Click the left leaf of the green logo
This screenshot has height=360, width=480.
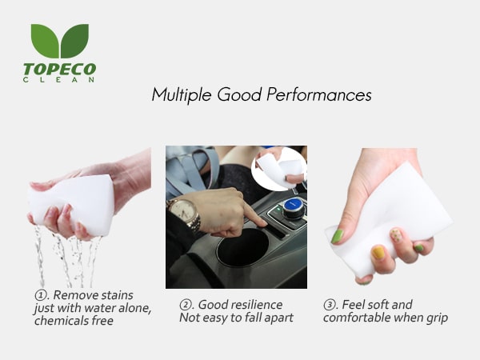tap(44, 39)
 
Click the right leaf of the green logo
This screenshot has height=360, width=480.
tap(75, 39)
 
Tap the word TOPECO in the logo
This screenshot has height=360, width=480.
tap(60, 69)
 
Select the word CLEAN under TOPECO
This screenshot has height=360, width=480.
tap(58, 80)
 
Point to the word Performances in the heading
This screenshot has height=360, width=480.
tap(318, 94)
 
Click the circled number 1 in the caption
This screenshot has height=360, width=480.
tap(41, 295)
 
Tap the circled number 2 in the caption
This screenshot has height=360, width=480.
tap(185, 305)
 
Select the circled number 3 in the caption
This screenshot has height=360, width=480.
tap(329, 305)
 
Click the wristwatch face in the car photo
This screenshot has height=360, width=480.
tap(182, 210)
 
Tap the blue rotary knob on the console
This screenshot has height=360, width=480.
tap(293, 206)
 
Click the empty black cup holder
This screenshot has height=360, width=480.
tap(242, 248)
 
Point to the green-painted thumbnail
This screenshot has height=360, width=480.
tap(337, 236)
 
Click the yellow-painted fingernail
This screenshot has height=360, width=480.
tap(378, 253)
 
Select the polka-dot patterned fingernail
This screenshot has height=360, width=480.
tap(396, 235)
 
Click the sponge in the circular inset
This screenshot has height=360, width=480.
tap(277, 170)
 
